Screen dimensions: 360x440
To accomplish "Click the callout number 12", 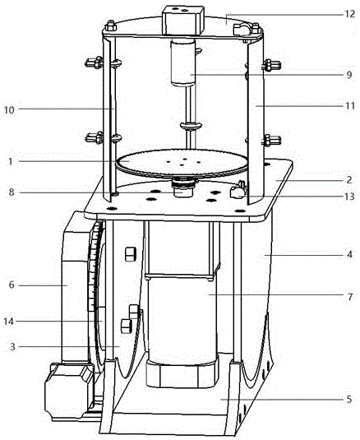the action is [349, 14].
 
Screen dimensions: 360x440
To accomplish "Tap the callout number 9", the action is [349, 75].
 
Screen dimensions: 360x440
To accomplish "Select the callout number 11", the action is [349, 106].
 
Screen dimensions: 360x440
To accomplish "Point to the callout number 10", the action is [9, 109].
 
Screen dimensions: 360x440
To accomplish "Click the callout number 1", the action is [11, 162].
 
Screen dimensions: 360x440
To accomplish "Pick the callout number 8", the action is [12, 192].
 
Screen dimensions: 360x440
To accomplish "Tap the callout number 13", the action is [349, 197].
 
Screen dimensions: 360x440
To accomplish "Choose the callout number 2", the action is [349, 179].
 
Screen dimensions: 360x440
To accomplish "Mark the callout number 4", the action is [349, 255].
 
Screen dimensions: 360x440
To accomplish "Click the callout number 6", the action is [12, 285].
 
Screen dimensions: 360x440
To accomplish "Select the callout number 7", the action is [349, 297].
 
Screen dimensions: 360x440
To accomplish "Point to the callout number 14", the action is [9, 322].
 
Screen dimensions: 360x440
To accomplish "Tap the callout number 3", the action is [12, 347].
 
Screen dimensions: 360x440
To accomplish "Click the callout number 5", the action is [349, 399].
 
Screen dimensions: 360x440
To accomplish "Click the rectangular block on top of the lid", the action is [183, 21].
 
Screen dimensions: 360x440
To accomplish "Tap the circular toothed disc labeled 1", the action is [182, 164].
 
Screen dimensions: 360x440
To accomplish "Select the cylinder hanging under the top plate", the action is [183, 63].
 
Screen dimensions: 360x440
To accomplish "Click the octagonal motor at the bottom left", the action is [69, 391].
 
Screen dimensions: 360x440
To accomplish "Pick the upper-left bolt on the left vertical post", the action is [95, 63].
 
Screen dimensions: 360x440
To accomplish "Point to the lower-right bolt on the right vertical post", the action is [271, 140].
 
